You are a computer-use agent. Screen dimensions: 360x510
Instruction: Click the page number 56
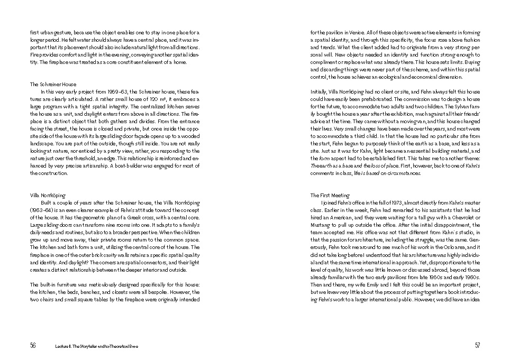point(33,346)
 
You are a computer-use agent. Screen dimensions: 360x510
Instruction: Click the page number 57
point(477,346)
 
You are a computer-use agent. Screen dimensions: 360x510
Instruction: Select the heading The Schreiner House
point(53,84)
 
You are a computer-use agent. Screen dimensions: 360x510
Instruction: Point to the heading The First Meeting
point(330,195)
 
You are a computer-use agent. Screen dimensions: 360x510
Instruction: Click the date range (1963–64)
point(42,210)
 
